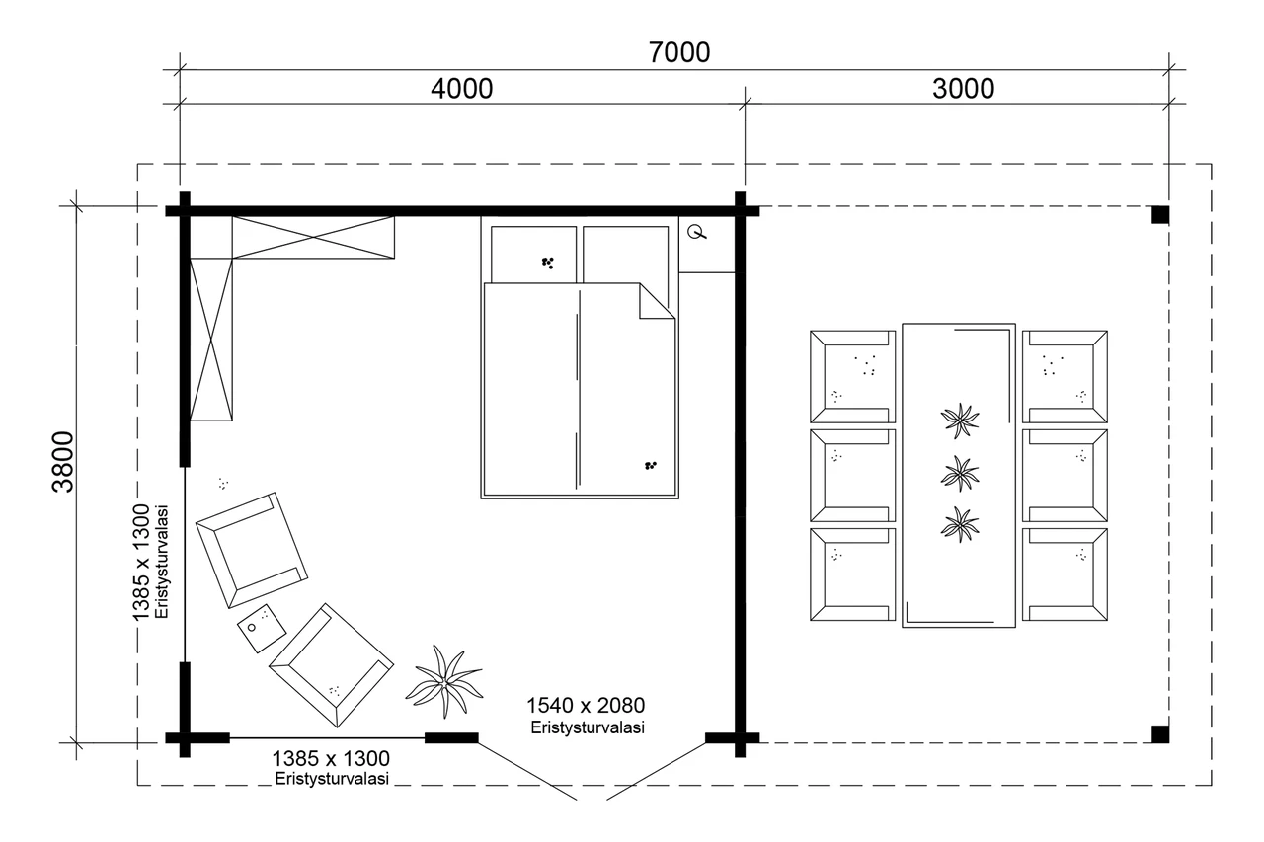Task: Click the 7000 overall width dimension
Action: click(678, 53)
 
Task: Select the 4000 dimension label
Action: click(461, 89)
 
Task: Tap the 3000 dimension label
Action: click(963, 89)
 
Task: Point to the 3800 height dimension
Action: click(62, 462)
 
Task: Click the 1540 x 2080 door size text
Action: click(586, 706)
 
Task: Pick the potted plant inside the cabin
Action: click(444, 681)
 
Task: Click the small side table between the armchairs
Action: click(262, 628)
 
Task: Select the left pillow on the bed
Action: click(533, 255)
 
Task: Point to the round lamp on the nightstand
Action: click(697, 232)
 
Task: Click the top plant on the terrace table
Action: click(960, 421)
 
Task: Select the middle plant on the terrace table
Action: click(960, 474)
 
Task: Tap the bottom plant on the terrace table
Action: click(960, 524)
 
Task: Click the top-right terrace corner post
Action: click(1160, 215)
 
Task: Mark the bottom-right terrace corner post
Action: click(1160, 733)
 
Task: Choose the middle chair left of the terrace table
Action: click(852, 476)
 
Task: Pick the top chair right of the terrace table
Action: click(1065, 377)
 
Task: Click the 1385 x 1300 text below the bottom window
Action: click(331, 758)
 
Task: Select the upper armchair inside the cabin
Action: click(252, 550)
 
